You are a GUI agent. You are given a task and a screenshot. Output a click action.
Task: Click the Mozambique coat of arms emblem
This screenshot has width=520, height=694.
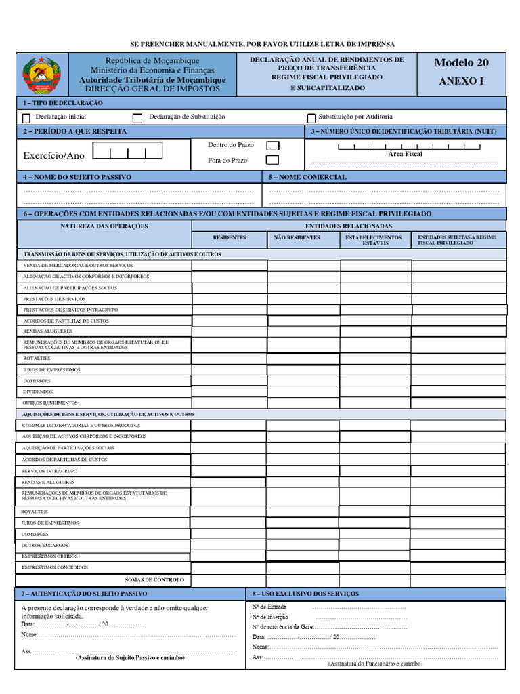coord(42,76)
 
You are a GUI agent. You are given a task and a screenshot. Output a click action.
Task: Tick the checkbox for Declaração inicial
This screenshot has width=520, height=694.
coord(26,118)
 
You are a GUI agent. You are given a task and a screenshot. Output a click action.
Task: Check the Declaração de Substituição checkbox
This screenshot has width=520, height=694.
coord(137,118)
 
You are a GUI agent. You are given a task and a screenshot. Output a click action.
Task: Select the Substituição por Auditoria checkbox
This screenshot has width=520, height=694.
coord(311,118)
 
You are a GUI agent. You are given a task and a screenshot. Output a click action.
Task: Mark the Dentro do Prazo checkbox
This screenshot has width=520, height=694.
coord(272,146)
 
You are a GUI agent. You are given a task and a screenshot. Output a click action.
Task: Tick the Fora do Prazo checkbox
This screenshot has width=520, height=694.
coord(272,161)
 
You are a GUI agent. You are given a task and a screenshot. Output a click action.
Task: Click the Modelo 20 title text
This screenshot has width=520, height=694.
coord(461,63)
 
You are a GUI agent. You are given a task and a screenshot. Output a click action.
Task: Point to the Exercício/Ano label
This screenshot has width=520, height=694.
coord(54,156)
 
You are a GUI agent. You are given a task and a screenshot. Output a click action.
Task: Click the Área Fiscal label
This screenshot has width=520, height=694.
coord(405,155)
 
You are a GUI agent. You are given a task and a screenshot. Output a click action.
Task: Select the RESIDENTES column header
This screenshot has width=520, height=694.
coord(230,238)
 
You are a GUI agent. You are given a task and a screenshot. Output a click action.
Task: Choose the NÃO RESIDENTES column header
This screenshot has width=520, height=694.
coord(297,238)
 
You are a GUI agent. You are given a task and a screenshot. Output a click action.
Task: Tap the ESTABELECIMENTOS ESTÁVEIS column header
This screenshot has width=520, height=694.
coord(374,240)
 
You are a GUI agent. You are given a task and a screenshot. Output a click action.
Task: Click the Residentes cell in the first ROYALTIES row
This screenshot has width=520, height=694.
coord(229,359)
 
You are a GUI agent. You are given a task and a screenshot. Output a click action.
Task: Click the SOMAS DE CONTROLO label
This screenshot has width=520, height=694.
coord(154,580)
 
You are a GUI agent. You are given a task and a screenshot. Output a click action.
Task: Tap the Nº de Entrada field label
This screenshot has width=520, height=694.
coord(269,607)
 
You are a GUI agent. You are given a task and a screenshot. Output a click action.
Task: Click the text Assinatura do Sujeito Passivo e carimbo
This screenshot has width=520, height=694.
coord(130,658)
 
